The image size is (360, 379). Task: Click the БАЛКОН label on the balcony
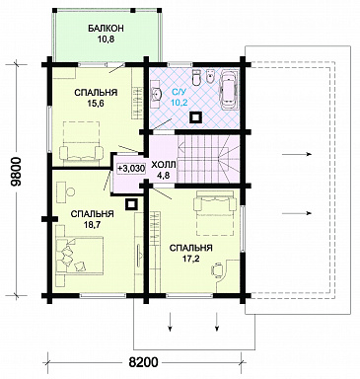click(x=106, y=29)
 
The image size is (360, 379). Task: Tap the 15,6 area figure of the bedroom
click(x=96, y=104)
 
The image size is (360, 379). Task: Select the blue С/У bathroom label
click(x=178, y=93)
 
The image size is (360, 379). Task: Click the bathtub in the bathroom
click(x=230, y=89)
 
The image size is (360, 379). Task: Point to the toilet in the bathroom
click(x=196, y=77)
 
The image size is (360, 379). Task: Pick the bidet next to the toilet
click(x=210, y=77)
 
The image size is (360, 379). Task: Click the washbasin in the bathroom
click(x=157, y=94)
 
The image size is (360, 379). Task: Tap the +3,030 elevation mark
click(x=130, y=168)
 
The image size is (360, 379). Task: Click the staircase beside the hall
click(x=208, y=159)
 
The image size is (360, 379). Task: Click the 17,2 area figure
click(x=191, y=259)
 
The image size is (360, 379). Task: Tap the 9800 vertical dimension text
click(x=16, y=172)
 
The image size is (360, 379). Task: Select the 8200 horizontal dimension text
click(x=143, y=362)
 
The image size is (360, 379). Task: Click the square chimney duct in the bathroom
click(x=196, y=117)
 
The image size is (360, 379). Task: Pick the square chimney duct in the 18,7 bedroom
click(x=131, y=204)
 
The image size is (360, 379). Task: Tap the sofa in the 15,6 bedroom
click(x=81, y=153)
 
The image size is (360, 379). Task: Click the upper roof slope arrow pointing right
click(x=296, y=154)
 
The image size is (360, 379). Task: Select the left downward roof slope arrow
click(x=171, y=322)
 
